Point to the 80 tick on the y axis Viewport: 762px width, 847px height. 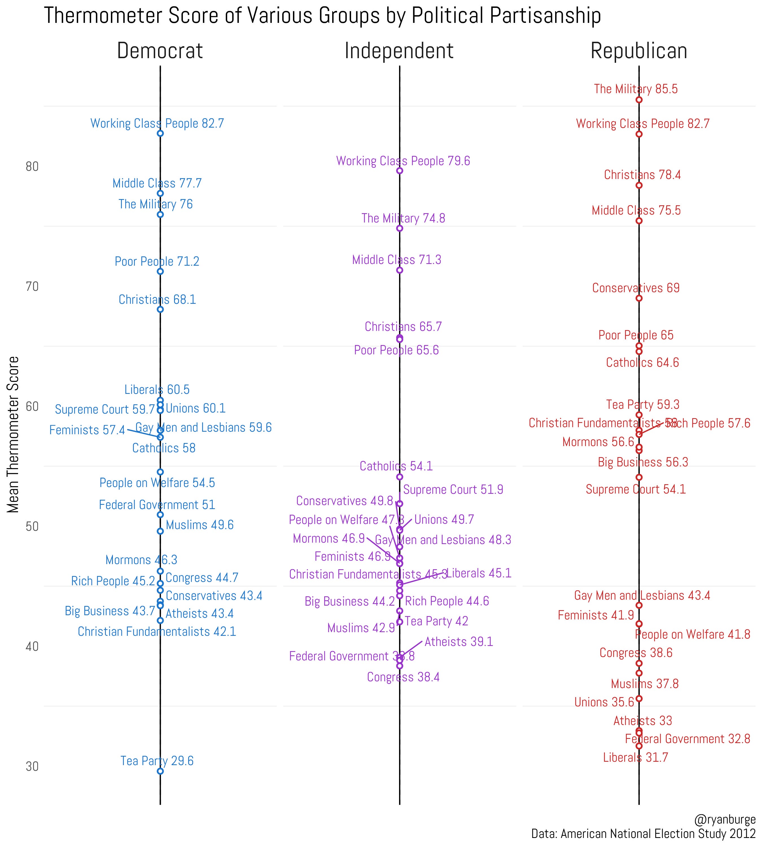point(32,167)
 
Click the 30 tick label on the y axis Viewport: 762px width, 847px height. point(32,767)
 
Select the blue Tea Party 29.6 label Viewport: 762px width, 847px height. point(157,761)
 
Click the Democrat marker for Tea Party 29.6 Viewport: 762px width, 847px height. point(160,771)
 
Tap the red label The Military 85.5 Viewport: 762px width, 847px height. point(636,89)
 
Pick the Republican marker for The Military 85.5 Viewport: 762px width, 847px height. point(639,100)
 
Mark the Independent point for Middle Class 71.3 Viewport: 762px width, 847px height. point(399,270)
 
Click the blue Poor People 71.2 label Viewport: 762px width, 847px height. point(157,261)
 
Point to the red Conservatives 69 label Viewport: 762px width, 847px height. point(636,288)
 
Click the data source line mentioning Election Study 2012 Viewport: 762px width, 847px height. point(643,834)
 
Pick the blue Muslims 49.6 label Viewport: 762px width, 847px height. point(200,525)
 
